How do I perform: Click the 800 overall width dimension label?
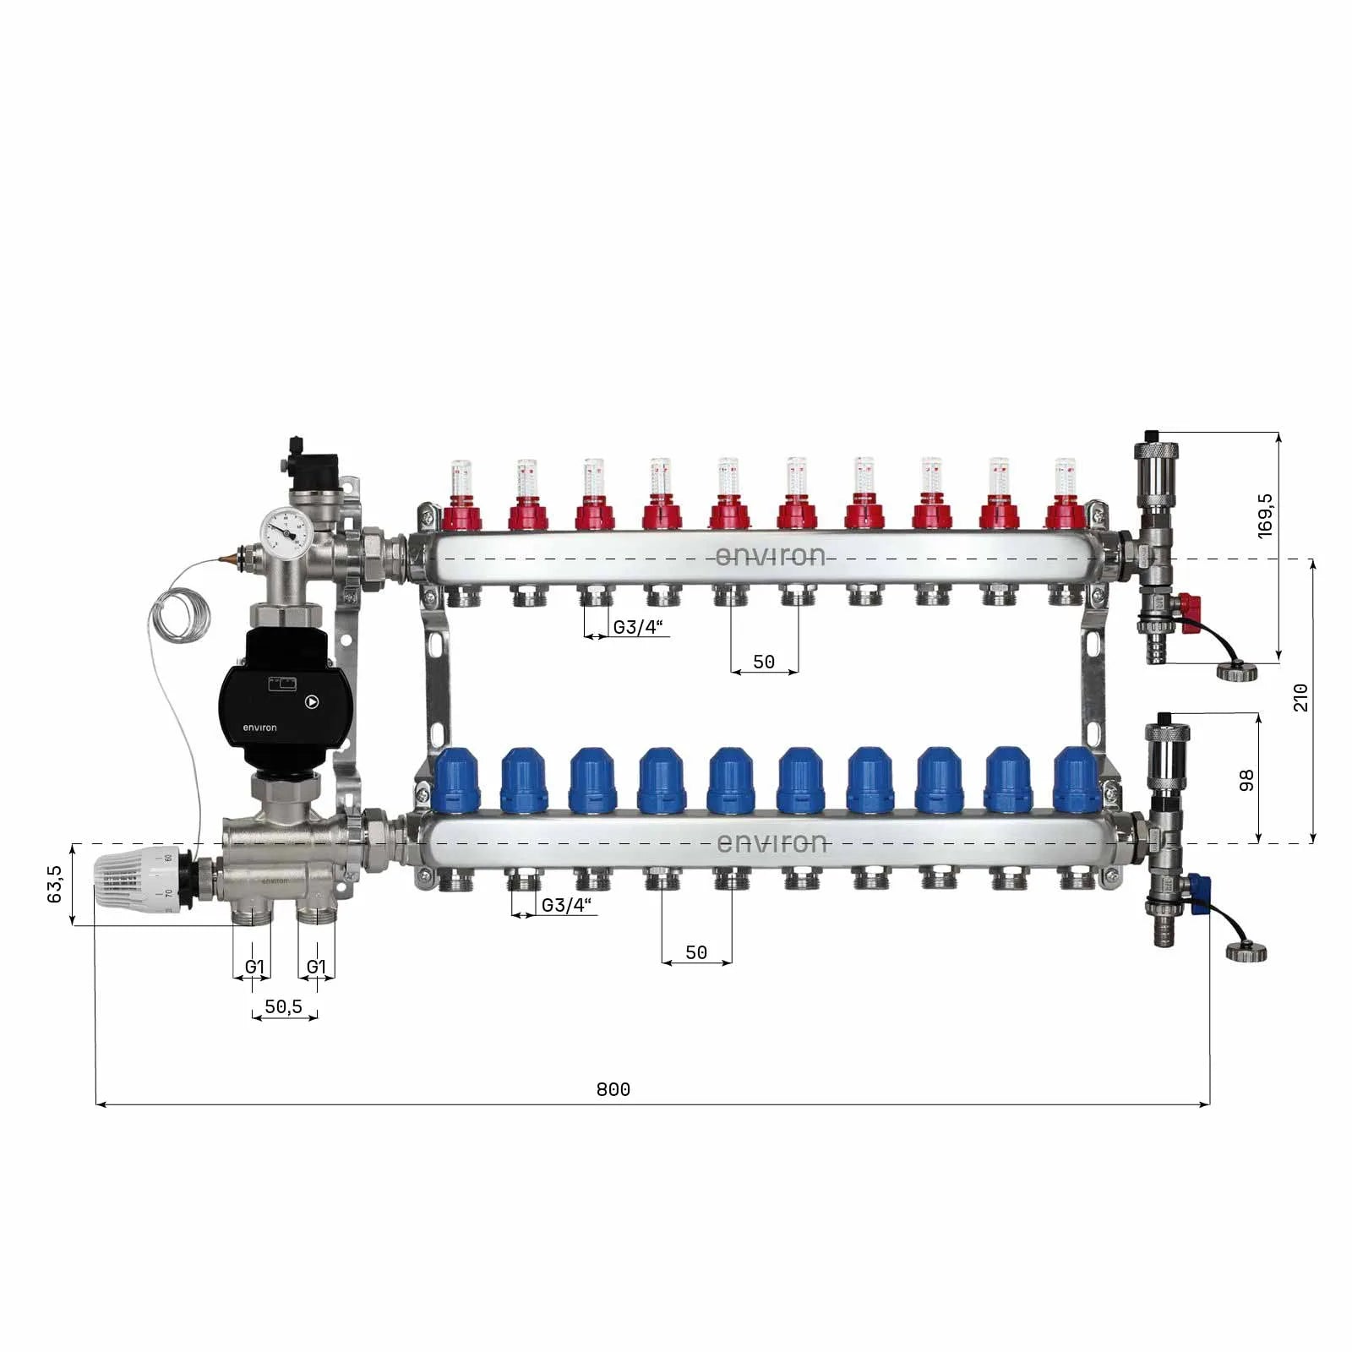coord(613,1089)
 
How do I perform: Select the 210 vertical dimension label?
coord(1300,697)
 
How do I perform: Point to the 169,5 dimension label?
coord(1265,515)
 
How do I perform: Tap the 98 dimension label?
coord(1246,781)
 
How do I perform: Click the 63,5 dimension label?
coord(55,884)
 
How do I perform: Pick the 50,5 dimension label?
coord(283,1006)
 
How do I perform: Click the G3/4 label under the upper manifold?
coord(638,627)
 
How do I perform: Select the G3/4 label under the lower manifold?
coord(566,905)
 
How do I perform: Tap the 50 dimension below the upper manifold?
coord(764,662)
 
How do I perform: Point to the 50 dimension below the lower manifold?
coord(696,952)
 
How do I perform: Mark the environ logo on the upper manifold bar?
coord(770,556)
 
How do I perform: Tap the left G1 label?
coord(254,967)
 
